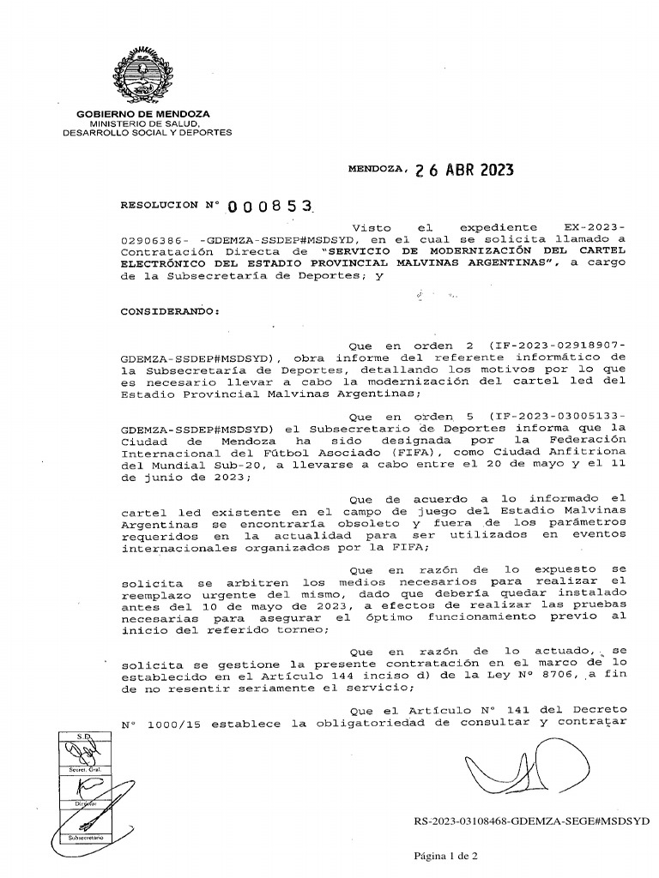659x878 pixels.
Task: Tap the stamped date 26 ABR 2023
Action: (463, 170)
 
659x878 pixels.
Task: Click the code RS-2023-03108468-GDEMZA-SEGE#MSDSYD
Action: (531, 821)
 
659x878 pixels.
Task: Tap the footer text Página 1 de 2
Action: (445, 856)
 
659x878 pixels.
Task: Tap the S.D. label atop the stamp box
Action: (84, 737)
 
